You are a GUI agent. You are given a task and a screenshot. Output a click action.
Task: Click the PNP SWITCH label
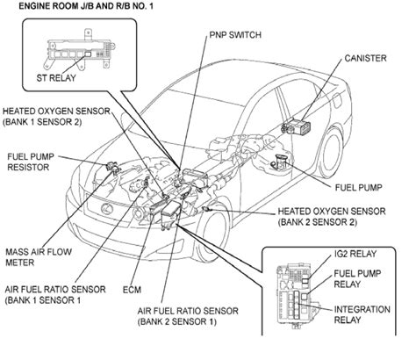click(x=235, y=35)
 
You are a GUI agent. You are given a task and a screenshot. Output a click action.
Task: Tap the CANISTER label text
click(x=365, y=58)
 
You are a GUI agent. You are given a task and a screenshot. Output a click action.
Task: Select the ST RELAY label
click(x=56, y=78)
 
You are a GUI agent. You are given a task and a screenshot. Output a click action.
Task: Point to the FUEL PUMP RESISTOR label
click(x=31, y=162)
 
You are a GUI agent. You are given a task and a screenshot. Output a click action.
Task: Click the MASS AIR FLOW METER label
click(x=39, y=257)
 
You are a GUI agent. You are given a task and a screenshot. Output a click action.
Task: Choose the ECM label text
click(x=132, y=290)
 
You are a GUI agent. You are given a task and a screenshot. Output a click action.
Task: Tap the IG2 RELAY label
click(x=355, y=254)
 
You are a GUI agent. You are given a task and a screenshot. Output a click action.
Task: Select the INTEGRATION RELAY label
click(x=362, y=314)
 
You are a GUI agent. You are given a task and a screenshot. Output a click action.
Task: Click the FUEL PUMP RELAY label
click(x=357, y=278)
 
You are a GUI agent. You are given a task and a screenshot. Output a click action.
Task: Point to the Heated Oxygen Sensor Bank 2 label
click(x=332, y=217)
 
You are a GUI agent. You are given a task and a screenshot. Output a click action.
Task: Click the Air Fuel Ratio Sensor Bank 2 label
click(x=188, y=316)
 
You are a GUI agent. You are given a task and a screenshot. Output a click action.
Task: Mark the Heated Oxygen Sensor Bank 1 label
click(x=56, y=117)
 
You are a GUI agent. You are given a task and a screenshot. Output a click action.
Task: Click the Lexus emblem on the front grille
click(x=107, y=209)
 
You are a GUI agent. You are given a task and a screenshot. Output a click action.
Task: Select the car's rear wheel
click(x=332, y=154)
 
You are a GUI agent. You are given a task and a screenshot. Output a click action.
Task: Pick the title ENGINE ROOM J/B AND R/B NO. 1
click(x=86, y=6)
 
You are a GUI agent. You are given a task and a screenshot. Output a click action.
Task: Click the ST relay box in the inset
click(x=88, y=54)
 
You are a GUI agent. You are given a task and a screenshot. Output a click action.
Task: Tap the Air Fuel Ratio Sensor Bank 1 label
click(x=55, y=295)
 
